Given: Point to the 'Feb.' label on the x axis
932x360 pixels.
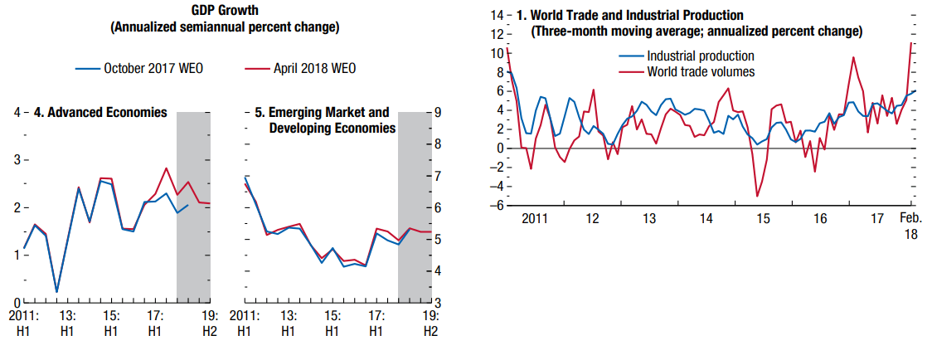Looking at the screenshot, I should coord(910,219).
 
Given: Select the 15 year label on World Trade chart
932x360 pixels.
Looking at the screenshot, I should coord(761,219).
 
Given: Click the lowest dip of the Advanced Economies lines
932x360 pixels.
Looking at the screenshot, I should coord(56,291).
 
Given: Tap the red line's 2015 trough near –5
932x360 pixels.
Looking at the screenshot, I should coord(757,197).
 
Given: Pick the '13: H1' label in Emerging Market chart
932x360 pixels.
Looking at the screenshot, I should coord(288,323).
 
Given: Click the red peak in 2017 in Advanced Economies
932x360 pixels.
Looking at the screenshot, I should coord(167,168).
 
